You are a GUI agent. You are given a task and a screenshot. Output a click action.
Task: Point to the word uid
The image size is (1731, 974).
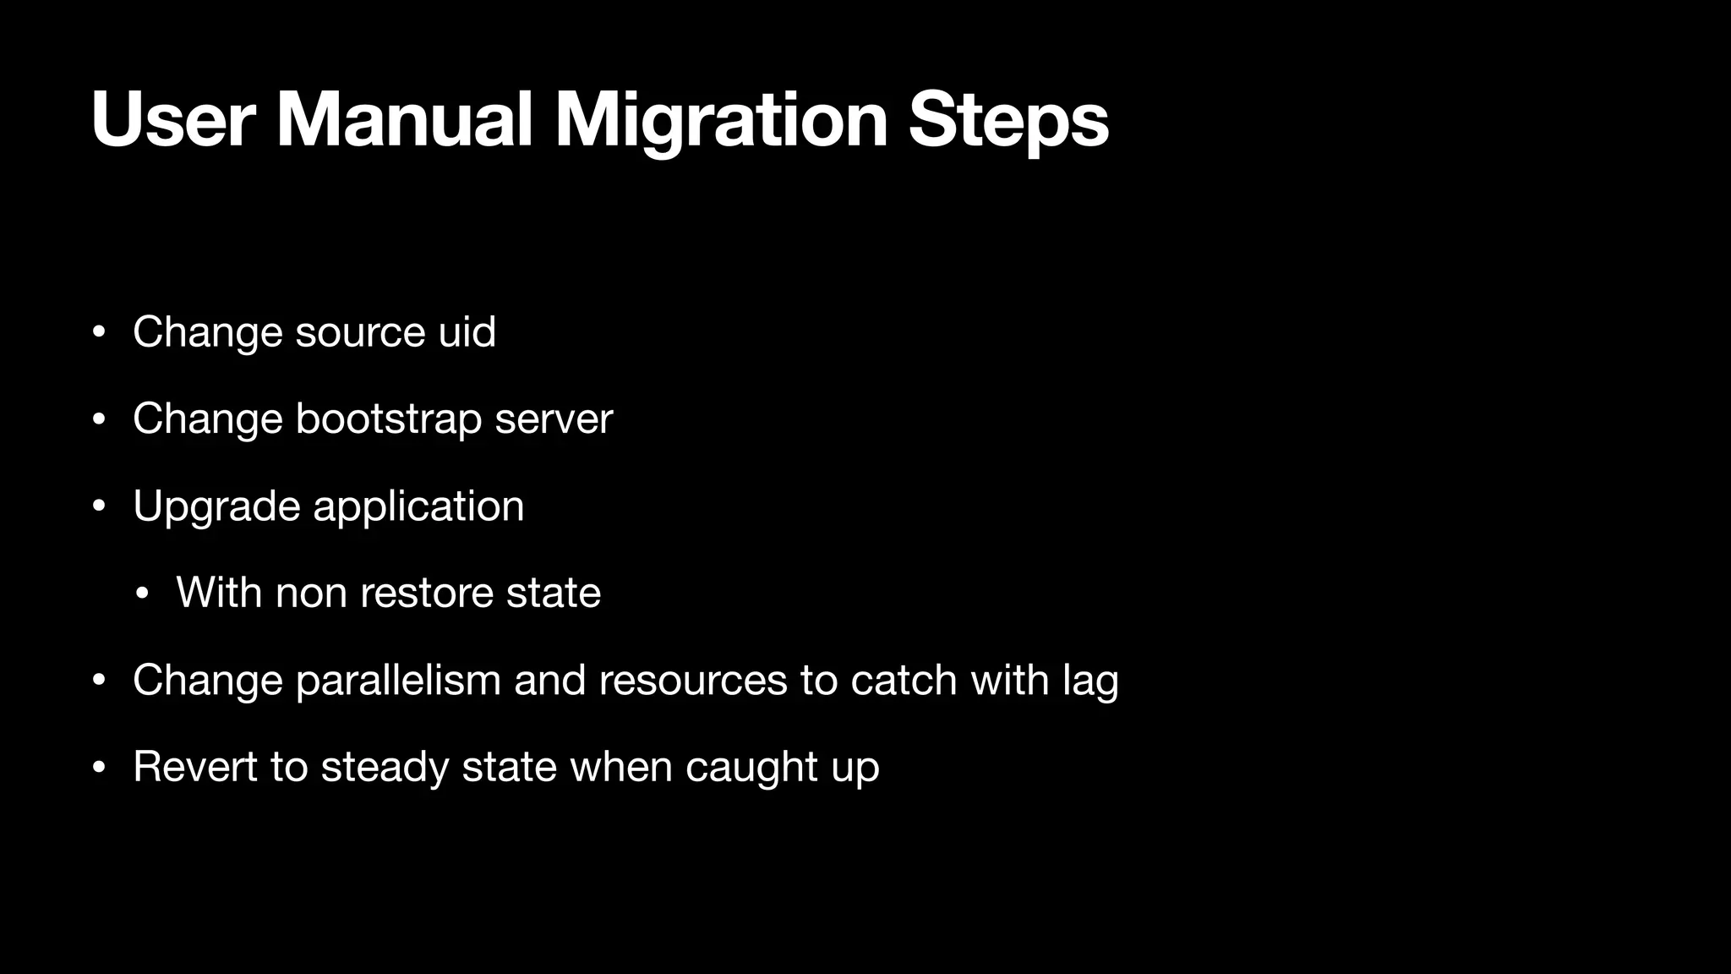[467, 331]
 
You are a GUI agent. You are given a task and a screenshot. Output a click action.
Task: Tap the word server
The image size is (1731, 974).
[554, 419]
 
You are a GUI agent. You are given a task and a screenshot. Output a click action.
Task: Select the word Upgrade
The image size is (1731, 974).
[216, 506]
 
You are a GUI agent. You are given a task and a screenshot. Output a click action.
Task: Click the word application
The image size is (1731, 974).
[418, 506]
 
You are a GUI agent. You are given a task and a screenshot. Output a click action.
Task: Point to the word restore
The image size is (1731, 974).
[427, 593]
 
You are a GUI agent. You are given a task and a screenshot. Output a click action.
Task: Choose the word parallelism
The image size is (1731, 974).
[398, 680]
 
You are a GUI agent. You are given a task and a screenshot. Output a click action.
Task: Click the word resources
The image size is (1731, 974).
[692, 680]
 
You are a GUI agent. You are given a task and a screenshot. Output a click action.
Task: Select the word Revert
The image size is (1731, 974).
[194, 767]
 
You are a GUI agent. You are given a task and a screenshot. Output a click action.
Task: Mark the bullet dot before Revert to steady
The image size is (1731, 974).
[99, 769]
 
